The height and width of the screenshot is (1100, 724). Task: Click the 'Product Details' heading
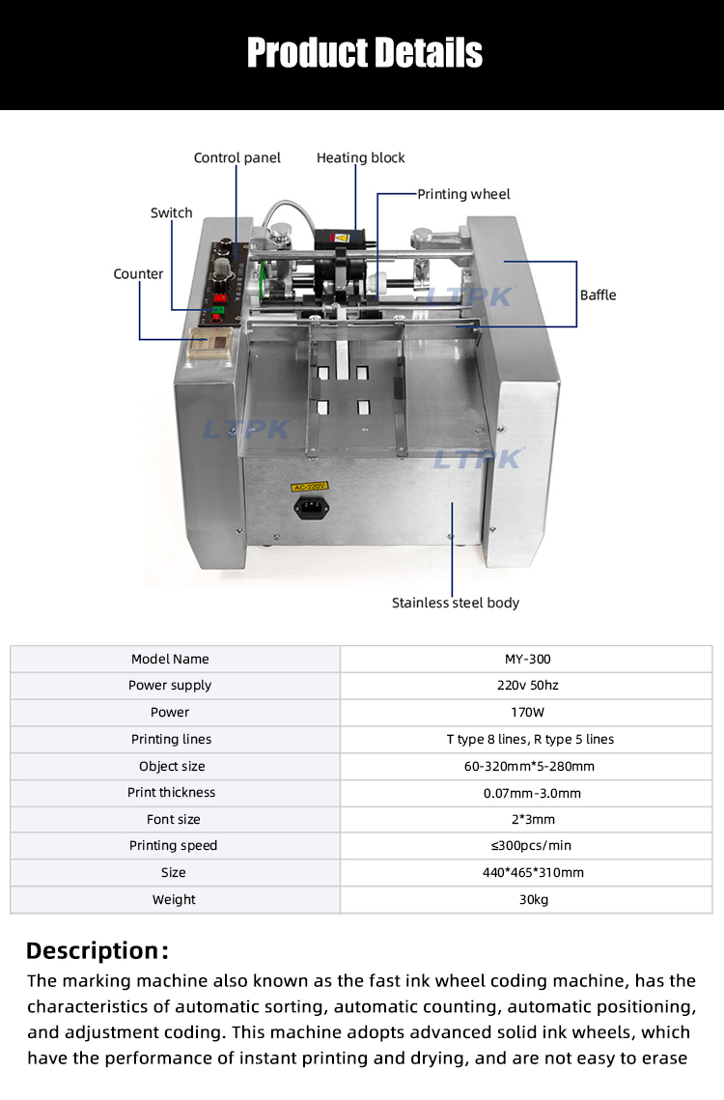364,52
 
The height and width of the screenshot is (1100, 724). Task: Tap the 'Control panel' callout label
237,157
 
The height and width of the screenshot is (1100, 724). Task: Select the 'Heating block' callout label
360,157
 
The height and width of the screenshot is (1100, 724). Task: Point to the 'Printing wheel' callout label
463,194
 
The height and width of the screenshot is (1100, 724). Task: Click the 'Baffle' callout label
598,295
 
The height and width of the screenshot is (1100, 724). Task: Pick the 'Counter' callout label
138,273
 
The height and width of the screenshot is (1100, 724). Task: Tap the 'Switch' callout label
171,212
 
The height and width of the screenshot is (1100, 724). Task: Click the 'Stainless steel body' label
455,603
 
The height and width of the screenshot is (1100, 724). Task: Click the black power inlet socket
311,507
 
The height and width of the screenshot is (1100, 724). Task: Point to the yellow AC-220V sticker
310,487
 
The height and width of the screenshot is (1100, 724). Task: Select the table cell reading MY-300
527,659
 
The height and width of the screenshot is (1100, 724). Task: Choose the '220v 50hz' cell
527,685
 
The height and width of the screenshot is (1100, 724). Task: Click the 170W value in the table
527,712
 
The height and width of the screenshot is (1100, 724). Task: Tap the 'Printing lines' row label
171,739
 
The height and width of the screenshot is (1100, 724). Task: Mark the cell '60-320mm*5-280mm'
527,766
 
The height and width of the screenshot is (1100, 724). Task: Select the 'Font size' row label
174,819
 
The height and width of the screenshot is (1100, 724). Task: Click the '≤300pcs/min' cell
527,845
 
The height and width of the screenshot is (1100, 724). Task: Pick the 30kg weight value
527,899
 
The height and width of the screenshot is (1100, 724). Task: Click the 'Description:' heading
97,950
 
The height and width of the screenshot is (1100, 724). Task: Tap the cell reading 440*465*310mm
527,872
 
